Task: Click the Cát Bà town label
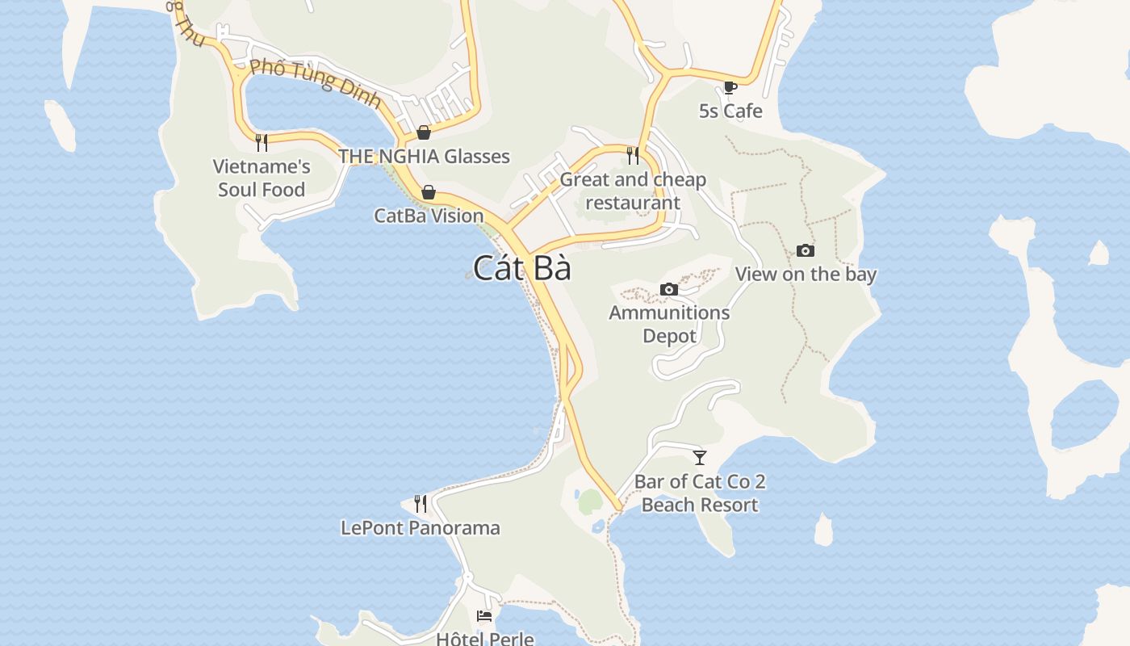pyautogui.click(x=521, y=268)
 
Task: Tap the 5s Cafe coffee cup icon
pyautogui.click(x=730, y=87)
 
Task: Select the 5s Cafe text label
pyautogui.click(x=730, y=111)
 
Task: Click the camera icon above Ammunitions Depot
pyautogui.click(x=669, y=289)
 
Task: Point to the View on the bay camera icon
pyautogui.click(x=805, y=250)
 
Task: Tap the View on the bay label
pyautogui.click(x=806, y=274)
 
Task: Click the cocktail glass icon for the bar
pyautogui.click(x=700, y=458)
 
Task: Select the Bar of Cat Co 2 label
pyautogui.click(x=700, y=482)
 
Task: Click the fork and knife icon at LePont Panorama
pyautogui.click(x=421, y=504)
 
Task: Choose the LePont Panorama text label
pyautogui.click(x=421, y=528)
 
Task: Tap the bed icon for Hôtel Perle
pyautogui.click(x=484, y=616)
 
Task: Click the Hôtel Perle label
pyautogui.click(x=484, y=639)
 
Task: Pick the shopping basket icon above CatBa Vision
pyautogui.click(x=429, y=192)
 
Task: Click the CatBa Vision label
pyautogui.click(x=429, y=216)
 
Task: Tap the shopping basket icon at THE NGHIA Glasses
pyautogui.click(x=424, y=132)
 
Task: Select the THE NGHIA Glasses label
pyautogui.click(x=424, y=156)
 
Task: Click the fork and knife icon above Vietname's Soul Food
pyautogui.click(x=262, y=143)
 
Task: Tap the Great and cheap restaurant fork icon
pyautogui.click(x=633, y=155)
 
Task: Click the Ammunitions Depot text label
pyautogui.click(x=669, y=324)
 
